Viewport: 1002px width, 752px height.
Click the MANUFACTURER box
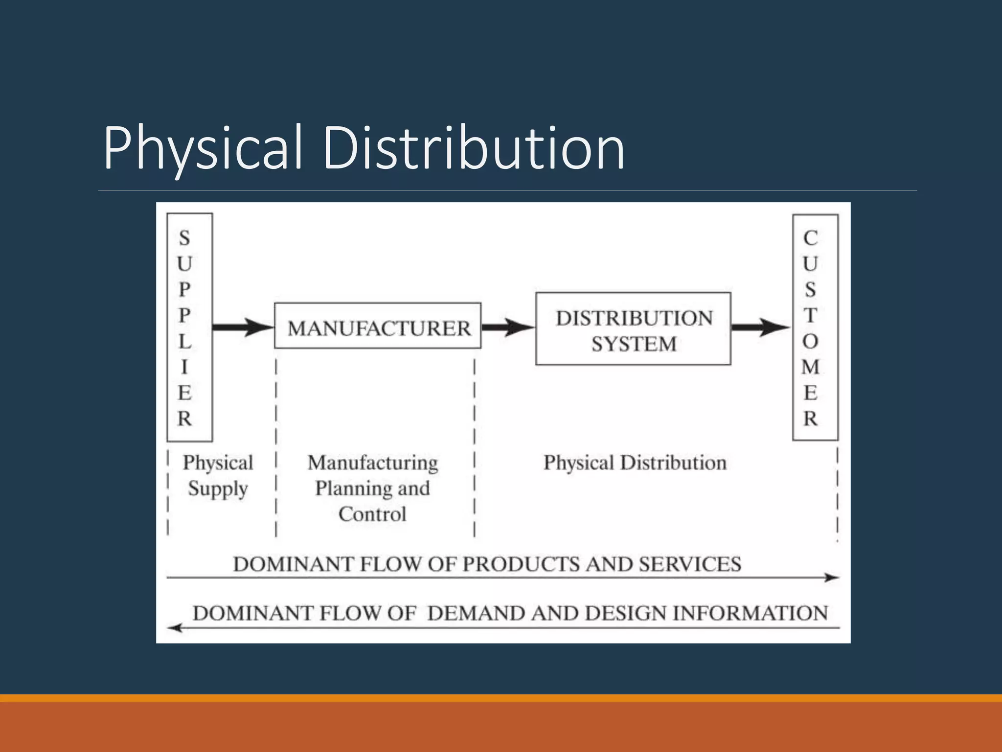coord(378,326)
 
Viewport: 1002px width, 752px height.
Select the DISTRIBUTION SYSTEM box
coord(633,329)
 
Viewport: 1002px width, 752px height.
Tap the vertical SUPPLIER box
coord(189,327)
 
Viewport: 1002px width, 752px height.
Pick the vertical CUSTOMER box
coord(815,327)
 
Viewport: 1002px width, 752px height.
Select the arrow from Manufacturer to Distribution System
coord(508,327)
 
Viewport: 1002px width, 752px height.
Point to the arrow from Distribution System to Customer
coord(761,327)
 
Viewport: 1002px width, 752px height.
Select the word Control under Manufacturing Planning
coord(372,514)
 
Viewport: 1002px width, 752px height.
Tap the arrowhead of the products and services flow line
coord(832,578)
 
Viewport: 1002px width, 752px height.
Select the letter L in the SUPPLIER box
coord(184,342)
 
